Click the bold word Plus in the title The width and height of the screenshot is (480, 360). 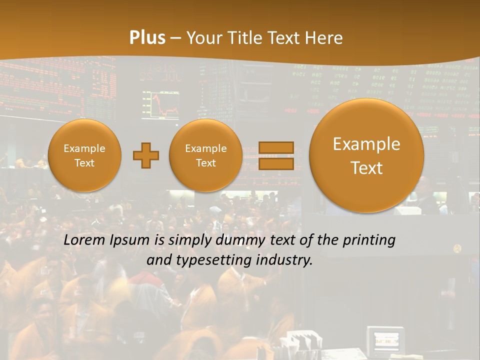click(147, 38)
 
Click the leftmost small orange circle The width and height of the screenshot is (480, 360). click(84, 155)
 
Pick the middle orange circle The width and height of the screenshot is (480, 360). click(205, 155)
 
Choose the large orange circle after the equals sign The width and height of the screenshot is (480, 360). click(366, 155)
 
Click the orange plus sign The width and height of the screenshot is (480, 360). click(146, 155)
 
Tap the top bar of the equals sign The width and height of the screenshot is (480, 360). click(276, 147)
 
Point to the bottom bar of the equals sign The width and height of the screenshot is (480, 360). click(276, 164)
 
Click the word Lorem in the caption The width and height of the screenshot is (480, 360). click(84, 240)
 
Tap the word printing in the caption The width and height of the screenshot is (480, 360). click(368, 240)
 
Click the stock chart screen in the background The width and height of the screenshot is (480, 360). click(160, 104)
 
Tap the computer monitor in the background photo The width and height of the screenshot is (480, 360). click(385, 340)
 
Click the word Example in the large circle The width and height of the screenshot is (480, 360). click(366, 144)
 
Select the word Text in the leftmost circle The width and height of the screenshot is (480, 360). click(84, 163)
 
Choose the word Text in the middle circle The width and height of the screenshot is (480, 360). click(205, 163)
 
